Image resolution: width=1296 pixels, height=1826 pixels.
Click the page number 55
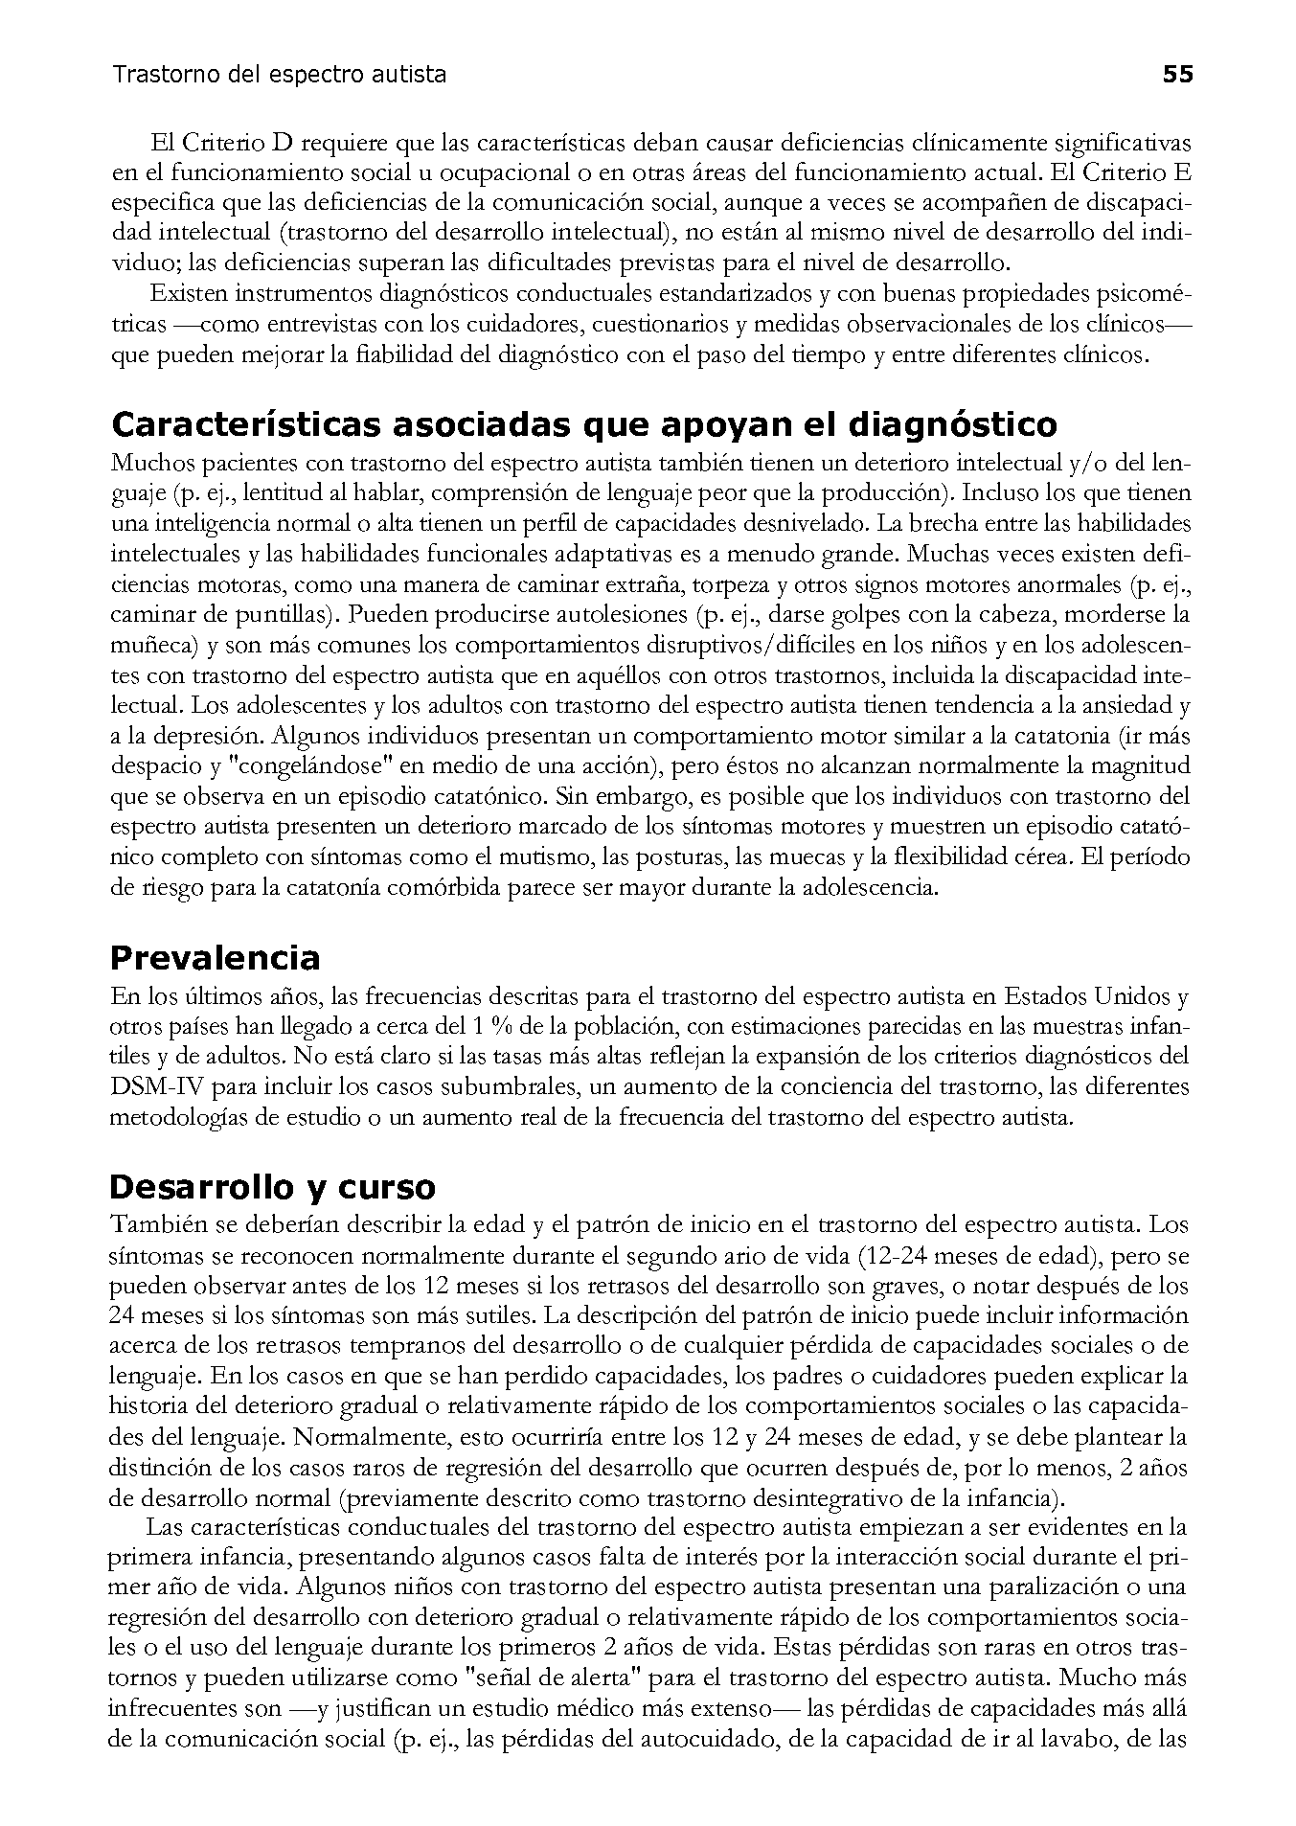coord(1177,75)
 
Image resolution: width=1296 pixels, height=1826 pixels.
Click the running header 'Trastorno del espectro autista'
coord(279,75)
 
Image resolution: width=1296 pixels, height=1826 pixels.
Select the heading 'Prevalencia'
coord(215,957)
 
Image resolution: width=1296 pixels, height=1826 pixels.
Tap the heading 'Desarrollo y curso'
coord(272,1187)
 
